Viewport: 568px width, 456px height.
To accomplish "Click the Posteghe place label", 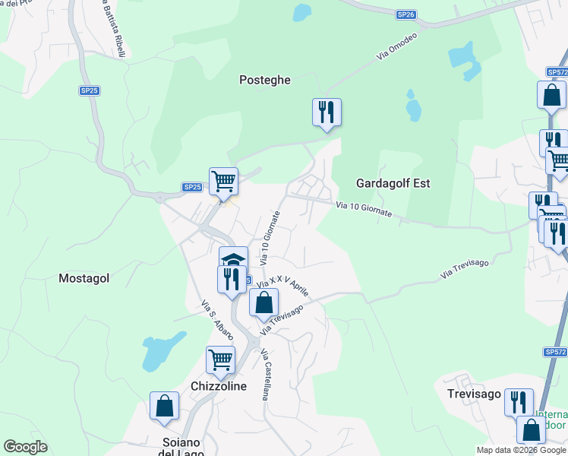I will point(265,80).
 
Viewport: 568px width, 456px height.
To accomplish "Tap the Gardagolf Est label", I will point(393,183).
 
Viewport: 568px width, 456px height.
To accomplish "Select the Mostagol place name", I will point(84,278).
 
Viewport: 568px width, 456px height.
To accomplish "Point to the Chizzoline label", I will point(219,386).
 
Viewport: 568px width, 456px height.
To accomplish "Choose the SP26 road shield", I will point(406,14).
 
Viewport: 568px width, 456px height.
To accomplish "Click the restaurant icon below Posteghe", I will point(327,112).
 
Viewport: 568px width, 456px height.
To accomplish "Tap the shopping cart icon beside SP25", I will point(223,182).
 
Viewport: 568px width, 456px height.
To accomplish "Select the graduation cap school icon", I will point(234,258).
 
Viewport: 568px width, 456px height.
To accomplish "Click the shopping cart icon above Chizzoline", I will point(220,359).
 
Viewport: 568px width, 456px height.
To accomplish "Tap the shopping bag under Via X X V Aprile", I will point(263,303).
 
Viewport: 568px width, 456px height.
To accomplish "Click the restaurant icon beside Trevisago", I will point(519,402).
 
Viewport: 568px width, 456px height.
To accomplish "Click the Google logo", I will point(26,447).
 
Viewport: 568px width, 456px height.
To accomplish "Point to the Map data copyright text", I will point(521,450).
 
